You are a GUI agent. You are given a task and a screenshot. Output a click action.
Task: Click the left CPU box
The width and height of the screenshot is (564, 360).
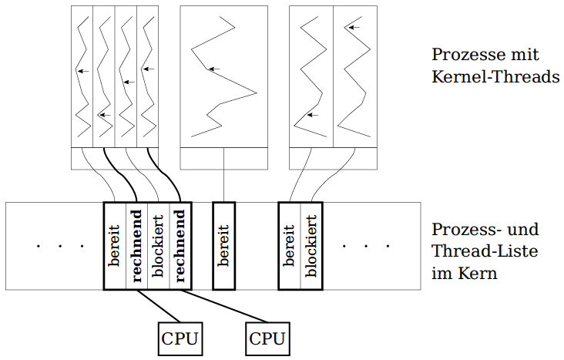180,338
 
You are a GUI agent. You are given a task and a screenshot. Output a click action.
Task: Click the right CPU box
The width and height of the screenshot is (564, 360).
268,338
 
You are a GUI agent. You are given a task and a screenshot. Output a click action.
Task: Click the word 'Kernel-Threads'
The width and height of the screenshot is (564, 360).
495,78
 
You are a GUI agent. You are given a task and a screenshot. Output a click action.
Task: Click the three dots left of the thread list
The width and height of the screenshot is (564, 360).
60,247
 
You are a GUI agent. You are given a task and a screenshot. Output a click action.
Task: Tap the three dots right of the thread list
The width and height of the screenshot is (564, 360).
366,247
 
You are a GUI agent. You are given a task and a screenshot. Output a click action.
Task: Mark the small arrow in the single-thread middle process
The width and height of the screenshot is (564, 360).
214,69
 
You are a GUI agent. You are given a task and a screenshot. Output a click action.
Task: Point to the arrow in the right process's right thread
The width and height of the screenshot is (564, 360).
351,27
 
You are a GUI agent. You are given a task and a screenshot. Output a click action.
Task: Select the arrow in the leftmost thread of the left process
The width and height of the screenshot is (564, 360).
82,71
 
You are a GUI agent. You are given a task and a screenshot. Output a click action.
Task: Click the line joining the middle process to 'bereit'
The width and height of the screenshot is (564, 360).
223,185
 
